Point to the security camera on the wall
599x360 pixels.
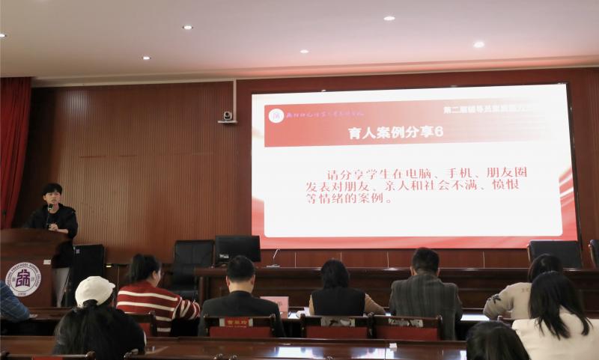pyautogui.click(x=228, y=117)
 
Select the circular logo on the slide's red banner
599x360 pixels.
pyautogui.click(x=277, y=115)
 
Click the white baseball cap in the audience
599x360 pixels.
pyautogui.click(x=94, y=290)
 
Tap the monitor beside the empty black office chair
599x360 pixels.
pyautogui.click(x=237, y=249)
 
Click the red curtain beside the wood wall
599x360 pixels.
pyautogui.click(x=14, y=150)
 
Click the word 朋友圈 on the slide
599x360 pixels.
pyautogui.click(x=509, y=172)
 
